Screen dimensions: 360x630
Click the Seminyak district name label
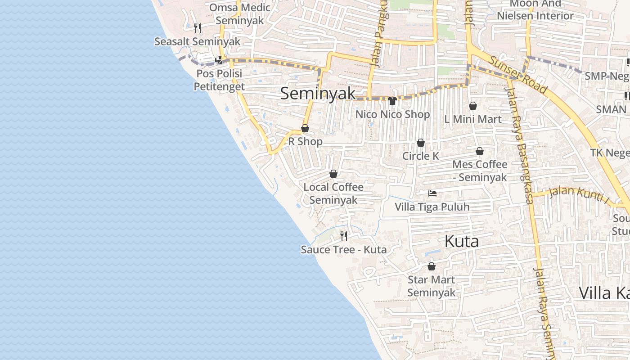[x=318, y=94]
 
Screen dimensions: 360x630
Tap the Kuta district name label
[x=461, y=241]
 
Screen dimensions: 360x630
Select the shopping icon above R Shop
[x=305, y=128]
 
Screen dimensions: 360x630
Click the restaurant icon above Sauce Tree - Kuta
[x=344, y=236]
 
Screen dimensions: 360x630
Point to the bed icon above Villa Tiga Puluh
[x=432, y=193]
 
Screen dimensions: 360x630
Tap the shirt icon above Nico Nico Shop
[x=392, y=101]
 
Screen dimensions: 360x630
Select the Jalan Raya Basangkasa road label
[x=519, y=144]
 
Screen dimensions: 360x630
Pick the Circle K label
[x=420, y=156]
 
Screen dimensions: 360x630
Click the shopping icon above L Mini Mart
[x=473, y=106]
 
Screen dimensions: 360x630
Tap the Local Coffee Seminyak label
[x=333, y=193]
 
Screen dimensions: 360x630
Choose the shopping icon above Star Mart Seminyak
[x=432, y=266]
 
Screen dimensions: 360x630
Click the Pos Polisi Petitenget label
[x=219, y=80]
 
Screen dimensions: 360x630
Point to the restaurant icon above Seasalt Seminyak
[x=198, y=28]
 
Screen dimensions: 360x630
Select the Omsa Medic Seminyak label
[x=240, y=14]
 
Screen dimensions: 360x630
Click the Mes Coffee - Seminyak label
[x=480, y=171]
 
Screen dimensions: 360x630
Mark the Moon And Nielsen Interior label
[x=535, y=10]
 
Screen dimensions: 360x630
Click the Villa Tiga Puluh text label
[x=432, y=207]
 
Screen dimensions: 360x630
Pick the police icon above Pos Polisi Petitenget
[x=219, y=59]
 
